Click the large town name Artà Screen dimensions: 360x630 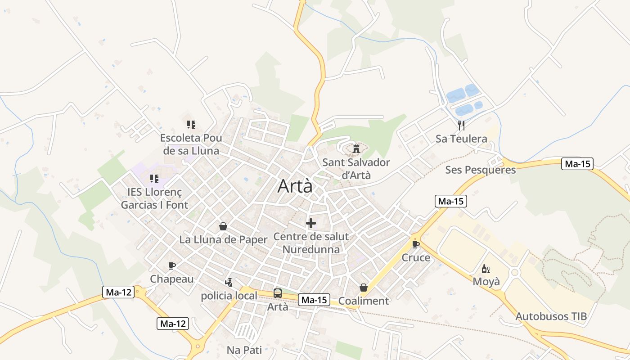295,186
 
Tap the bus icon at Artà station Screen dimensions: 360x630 278,293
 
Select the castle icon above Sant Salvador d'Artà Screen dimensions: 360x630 356,148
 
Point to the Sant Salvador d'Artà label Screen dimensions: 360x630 356,169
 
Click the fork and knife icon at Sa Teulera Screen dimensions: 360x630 461,125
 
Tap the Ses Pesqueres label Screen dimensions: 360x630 480,170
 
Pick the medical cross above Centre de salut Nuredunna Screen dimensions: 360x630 310,223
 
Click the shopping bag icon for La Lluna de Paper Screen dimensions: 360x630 223,226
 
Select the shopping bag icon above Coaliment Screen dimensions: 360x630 363,288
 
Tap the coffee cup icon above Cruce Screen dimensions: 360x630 416,244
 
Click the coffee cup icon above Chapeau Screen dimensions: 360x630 171,265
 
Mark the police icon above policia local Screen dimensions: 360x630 229,282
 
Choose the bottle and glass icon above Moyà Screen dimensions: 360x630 486,269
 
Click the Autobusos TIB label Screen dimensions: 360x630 551,316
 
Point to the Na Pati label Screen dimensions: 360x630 244,350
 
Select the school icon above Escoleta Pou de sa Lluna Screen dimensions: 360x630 191,124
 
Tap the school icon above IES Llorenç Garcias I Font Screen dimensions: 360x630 154,179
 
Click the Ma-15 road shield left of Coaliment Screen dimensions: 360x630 314,300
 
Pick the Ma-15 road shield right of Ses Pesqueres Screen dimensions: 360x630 577,164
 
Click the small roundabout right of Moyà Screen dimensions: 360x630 515,272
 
